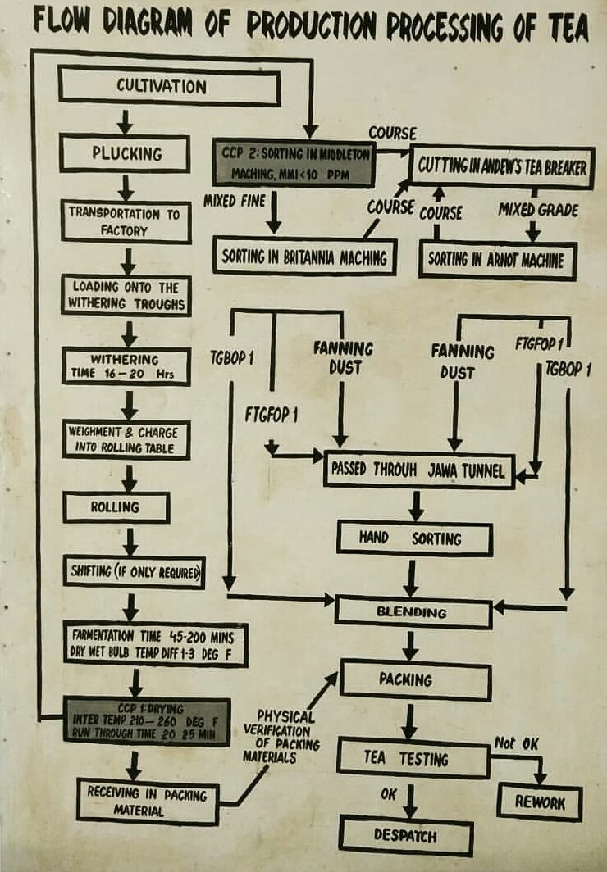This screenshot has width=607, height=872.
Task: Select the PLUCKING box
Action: point(125,153)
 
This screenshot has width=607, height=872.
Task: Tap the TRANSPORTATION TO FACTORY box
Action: point(125,221)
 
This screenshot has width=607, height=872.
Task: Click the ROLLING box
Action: point(116,507)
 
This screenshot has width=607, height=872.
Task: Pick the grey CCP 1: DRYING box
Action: point(135,720)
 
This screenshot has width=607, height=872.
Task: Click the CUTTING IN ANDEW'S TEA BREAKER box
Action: point(502,166)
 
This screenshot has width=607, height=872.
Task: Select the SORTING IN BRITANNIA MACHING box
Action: point(304,257)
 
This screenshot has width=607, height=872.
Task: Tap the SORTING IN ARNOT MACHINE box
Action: point(496,261)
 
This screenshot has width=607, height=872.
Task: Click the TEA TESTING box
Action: point(413,759)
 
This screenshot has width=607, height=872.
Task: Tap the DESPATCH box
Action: point(406,837)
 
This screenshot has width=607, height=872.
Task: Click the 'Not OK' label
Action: point(516,743)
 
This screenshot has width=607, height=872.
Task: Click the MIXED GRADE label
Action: point(538,210)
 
